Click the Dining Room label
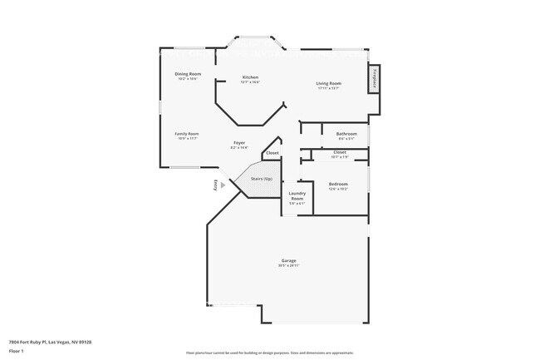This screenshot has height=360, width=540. tap(188, 74)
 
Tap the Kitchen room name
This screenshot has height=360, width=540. tap(250, 77)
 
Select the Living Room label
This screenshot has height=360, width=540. tap(328, 83)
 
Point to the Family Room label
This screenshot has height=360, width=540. tap(186, 134)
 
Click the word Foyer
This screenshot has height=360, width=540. tap(238, 142)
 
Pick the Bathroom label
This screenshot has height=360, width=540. tap(346, 134)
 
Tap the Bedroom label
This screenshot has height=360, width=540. tap(338, 184)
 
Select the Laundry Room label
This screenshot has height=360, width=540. tap(297, 196)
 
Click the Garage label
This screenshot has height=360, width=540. tap(287, 261)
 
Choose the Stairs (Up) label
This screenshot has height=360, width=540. tap(262, 179)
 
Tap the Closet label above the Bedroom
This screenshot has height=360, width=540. tap(340, 152)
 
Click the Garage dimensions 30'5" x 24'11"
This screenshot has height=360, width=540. tap(287, 266)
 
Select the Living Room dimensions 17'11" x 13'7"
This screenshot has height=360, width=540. tap(328, 88)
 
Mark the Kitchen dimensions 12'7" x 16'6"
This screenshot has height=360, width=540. tap(250, 82)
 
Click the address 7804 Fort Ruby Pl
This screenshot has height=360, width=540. tap(50, 342)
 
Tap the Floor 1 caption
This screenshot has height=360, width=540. tap(16, 351)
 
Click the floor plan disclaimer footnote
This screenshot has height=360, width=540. tap(269, 353)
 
